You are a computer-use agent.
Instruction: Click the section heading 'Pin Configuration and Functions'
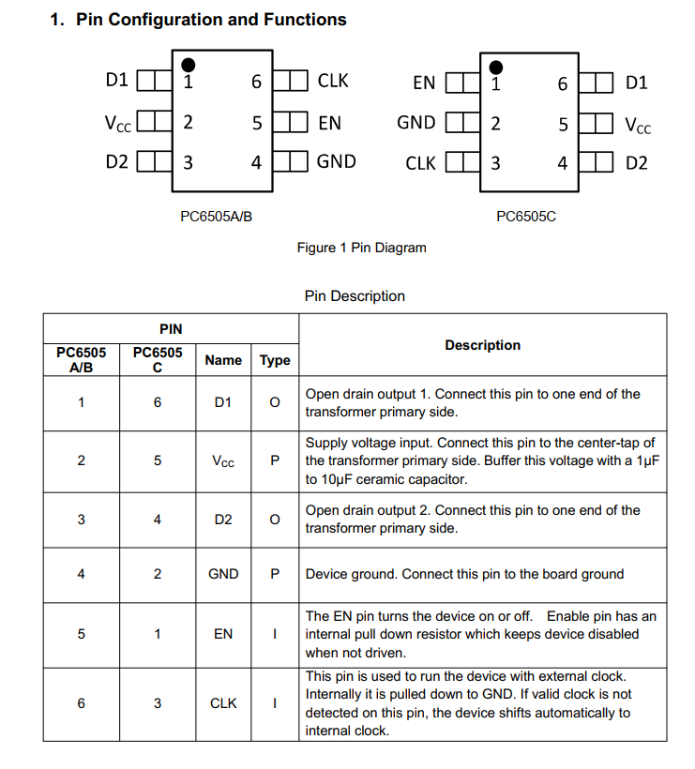pyautogui.click(x=211, y=20)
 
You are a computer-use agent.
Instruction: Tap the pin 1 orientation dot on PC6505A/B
pyautogui.click(x=188, y=64)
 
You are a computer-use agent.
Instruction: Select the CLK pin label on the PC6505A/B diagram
pyautogui.click(x=333, y=82)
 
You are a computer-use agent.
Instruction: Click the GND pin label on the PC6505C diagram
pyautogui.click(x=415, y=123)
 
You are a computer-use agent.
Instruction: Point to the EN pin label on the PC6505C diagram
pyautogui.click(x=424, y=83)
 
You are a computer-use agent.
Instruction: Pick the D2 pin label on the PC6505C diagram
pyautogui.click(x=637, y=163)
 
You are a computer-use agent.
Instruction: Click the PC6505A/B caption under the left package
pyautogui.click(x=216, y=217)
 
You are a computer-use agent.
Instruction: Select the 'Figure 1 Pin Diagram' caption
pyautogui.click(x=361, y=248)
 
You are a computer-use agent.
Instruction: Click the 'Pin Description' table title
pyautogui.click(x=355, y=296)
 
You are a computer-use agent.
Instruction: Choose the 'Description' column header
pyautogui.click(x=482, y=345)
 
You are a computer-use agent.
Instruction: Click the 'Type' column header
pyautogui.click(x=275, y=360)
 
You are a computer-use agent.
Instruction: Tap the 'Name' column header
pyautogui.click(x=223, y=360)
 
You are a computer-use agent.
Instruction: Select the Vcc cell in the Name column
pyautogui.click(x=223, y=461)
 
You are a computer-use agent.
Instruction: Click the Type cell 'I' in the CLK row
pyautogui.click(x=275, y=703)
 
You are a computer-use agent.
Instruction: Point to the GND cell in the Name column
pyautogui.click(x=223, y=574)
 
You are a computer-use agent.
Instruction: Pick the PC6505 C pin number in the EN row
pyautogui.click(x=158, y=634)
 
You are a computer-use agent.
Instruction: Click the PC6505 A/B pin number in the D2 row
pyautogui.click(x=81, y=520)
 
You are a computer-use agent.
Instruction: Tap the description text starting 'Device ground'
pyautogui.click(x=464, y=574)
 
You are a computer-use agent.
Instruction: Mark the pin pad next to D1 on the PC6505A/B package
pyautogui.click(x=153, y=81)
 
